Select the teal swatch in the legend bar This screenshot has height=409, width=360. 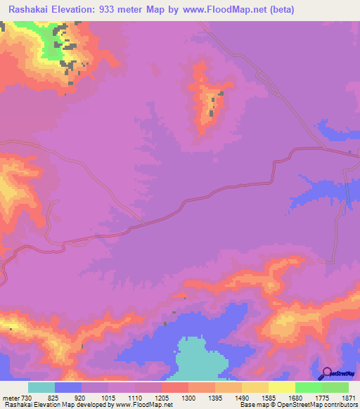point(41,387)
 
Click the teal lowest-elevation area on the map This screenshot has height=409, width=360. point(200,358)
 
